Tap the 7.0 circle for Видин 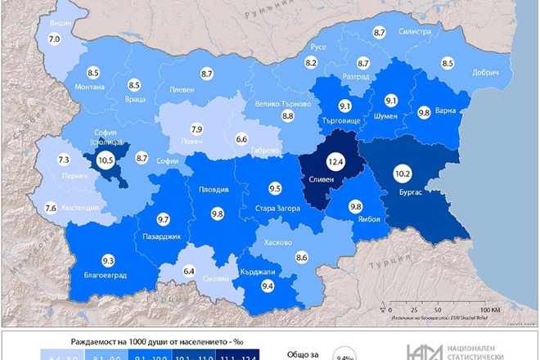click(55, 38)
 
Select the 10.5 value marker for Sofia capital click(106, 161)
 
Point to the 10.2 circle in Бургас click(403, 174)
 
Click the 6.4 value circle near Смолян click(190, 271)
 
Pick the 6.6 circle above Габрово click(241, 140)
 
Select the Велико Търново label click(283, 105)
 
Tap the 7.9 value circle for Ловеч click(196, 129)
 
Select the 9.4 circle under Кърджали click(267, 286)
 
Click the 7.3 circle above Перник click(64, 160)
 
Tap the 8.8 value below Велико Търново click(288, 117)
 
